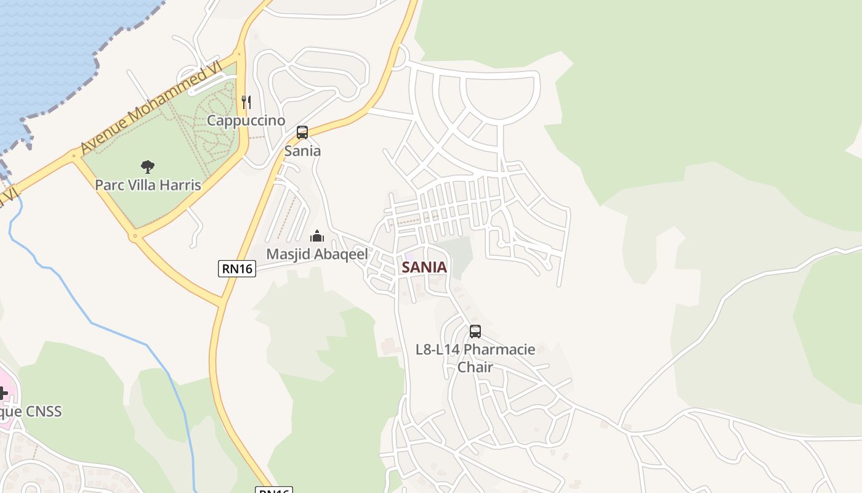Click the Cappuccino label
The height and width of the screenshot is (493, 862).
pos(246,120)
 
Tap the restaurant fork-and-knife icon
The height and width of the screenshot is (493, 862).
pos(246,102)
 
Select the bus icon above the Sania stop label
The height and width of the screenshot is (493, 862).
pos(302,132)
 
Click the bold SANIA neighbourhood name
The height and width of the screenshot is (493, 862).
pos(424,267)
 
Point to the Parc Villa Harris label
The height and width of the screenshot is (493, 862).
pos(148,185)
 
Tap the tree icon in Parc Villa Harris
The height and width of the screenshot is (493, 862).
pos(147,166)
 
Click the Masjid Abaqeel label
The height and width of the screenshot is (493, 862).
pos(316,254)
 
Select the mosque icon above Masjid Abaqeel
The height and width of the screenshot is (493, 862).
pos(316,236)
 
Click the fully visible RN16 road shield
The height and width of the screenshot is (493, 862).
pos(236,268)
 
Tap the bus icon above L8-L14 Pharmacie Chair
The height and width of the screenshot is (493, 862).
pos(475,332)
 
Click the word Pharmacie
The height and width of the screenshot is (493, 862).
pos(499,349)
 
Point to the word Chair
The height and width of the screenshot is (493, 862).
pos(475,367)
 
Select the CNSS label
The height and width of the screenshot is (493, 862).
pos(42,411)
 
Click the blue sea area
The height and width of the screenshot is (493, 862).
pos(49,49)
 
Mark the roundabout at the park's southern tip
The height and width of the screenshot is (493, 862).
pos(135,235)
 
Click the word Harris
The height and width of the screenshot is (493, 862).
pos(180,185)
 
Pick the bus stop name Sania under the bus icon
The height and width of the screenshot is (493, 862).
pos(302,151)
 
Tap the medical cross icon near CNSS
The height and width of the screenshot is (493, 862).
pos(2,392)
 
